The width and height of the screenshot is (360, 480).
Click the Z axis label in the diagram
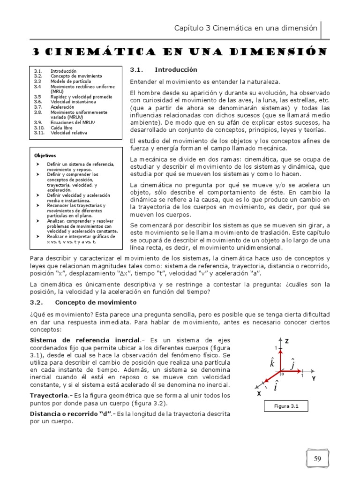tap(289, 342)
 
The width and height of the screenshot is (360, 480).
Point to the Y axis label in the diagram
tap(314, 378)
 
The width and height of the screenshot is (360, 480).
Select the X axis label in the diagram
tap(258, 394)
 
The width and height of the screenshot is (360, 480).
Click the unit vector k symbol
tap(272, 363)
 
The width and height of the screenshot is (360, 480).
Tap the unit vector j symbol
tap(293, 364)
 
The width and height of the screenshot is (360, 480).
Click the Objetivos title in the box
tap(45, 155)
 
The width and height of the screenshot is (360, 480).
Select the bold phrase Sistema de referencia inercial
tap(85, 339)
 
